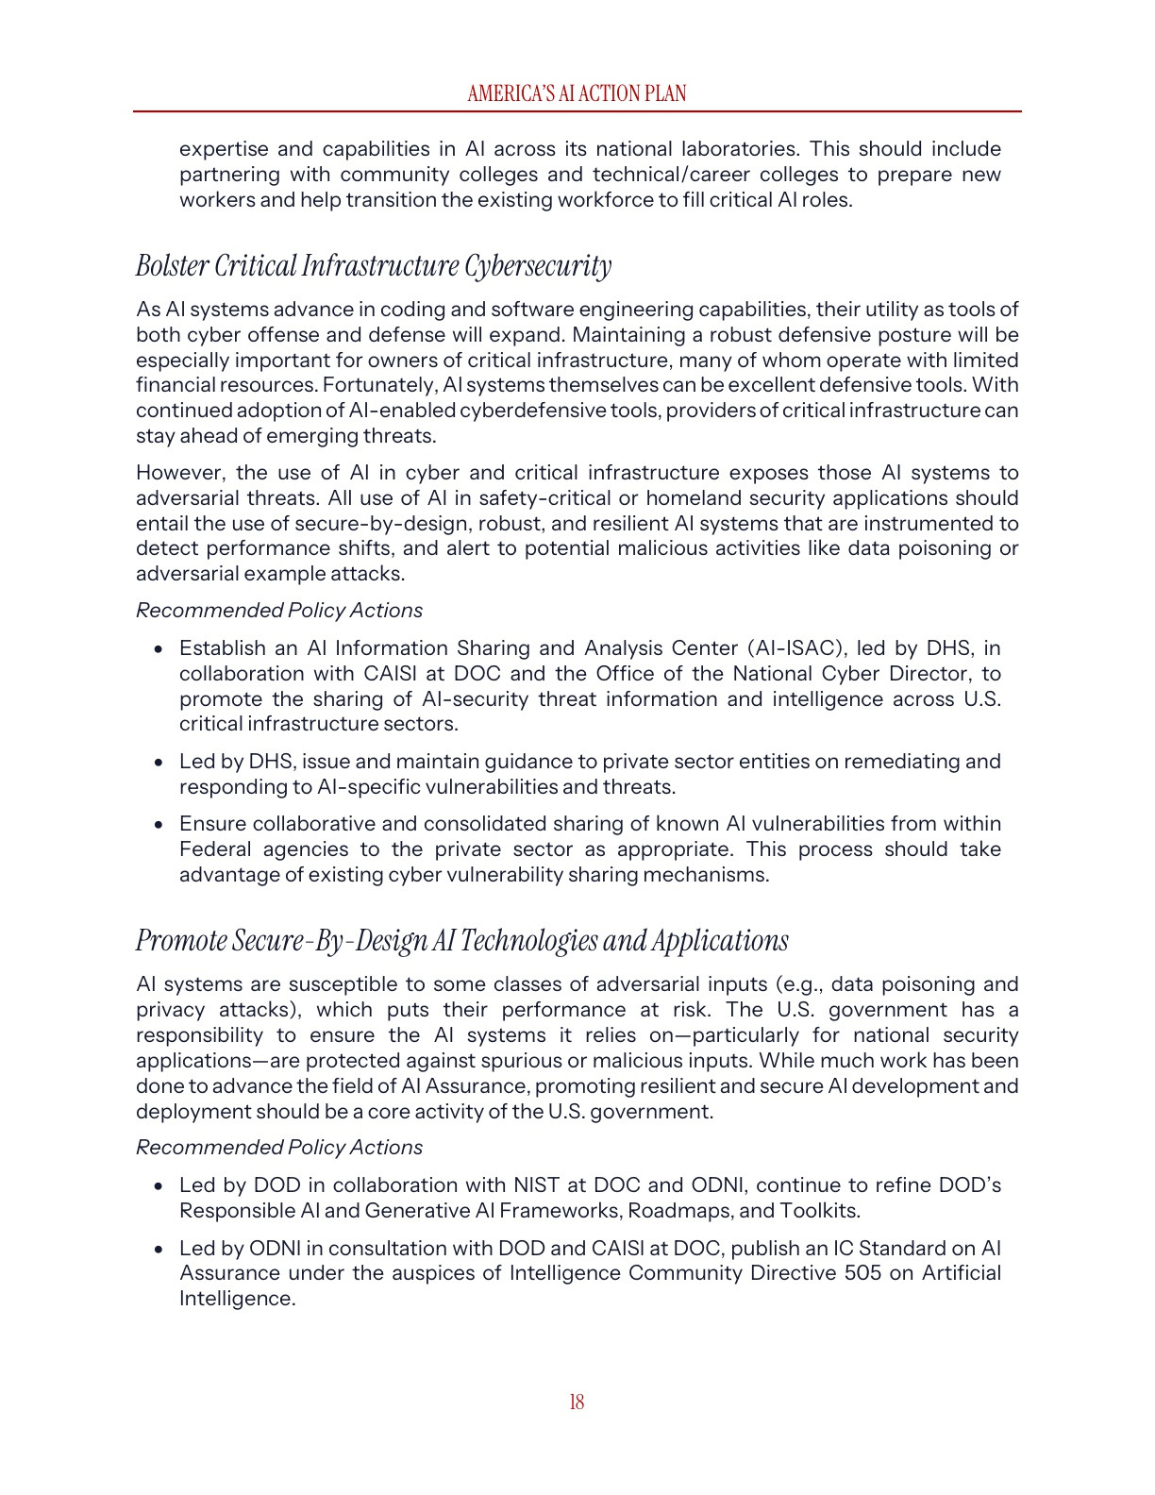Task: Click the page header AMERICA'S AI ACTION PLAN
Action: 577,93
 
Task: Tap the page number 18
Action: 577,1403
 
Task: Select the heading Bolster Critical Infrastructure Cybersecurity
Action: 374,266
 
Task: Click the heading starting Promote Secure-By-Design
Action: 461,941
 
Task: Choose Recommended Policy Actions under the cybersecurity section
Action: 279,611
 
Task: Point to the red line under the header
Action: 577,111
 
